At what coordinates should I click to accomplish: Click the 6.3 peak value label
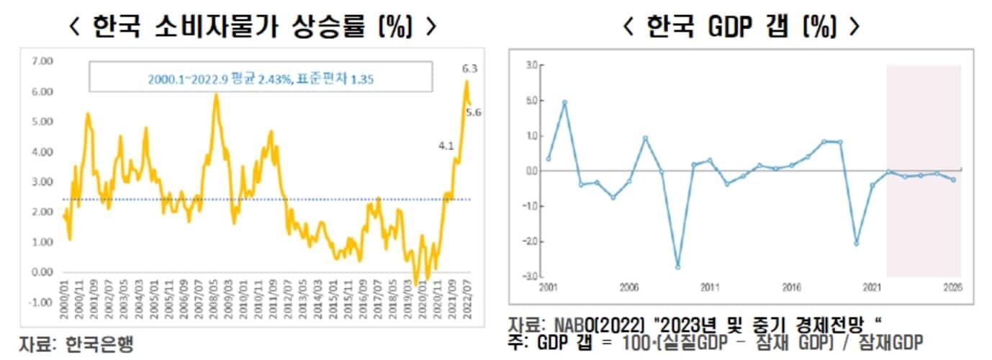[x=469, y=69]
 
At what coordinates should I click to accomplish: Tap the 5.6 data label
[x=474, y=112]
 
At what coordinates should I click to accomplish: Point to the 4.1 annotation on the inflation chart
[x=446, y=146]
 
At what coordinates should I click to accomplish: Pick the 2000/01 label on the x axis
[x=66, y=302]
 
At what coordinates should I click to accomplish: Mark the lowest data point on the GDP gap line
[x=678, y=267]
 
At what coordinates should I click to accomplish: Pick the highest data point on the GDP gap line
[x=565, y=102]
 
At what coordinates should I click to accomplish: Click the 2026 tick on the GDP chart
[x=954, y=287]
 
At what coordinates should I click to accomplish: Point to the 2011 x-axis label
[x=710, y=287]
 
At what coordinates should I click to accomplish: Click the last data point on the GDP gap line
[x=954, y=180]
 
